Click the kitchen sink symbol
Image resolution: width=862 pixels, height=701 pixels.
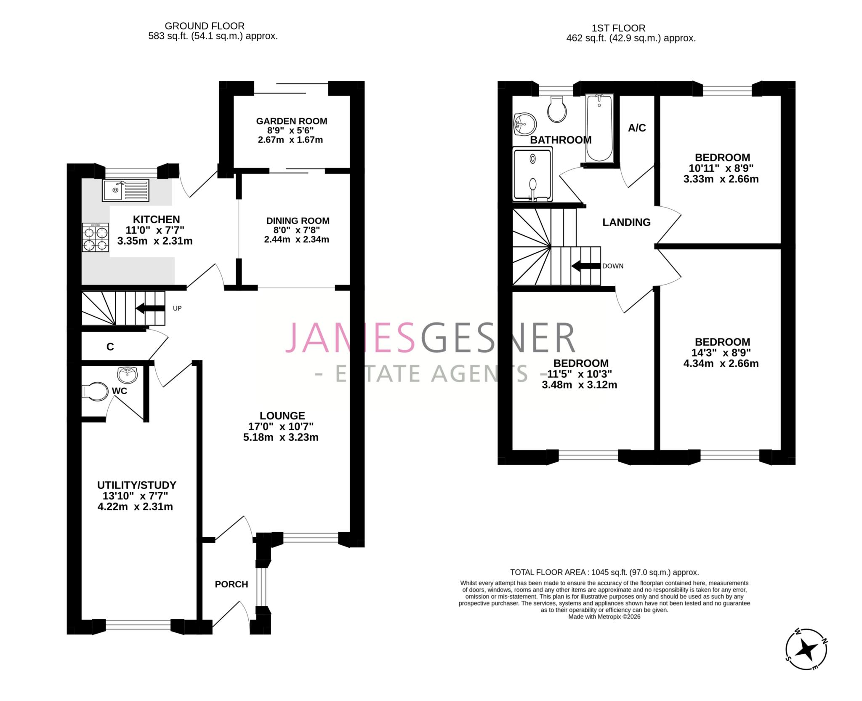click(x=125, y=190)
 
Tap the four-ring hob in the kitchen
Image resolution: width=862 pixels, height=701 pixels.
click(x=96, y=237)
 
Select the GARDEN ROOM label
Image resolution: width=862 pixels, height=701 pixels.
click(x=291, y=121)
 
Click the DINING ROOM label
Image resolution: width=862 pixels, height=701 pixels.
click(x=298, y=221)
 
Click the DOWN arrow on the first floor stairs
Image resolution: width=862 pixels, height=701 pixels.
click(x=585, y=266)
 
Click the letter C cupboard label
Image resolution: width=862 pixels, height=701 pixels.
click(x=110, y=347)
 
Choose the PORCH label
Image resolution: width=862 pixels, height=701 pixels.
click(x=231, y=584)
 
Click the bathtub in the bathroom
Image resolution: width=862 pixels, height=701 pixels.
click(x=599, y=128)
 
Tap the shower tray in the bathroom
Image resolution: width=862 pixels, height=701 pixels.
click(x=532, y=174)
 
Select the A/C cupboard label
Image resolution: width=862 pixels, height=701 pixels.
click(x=637, y=128)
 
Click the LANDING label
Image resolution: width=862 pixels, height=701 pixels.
click(x=626, y=222)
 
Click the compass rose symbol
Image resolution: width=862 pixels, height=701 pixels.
click(x=806, y=650)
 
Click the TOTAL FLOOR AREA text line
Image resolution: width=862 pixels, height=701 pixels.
click(x=604, y=572)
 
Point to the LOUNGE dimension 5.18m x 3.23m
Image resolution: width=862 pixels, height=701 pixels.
click(x=281, y=437)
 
